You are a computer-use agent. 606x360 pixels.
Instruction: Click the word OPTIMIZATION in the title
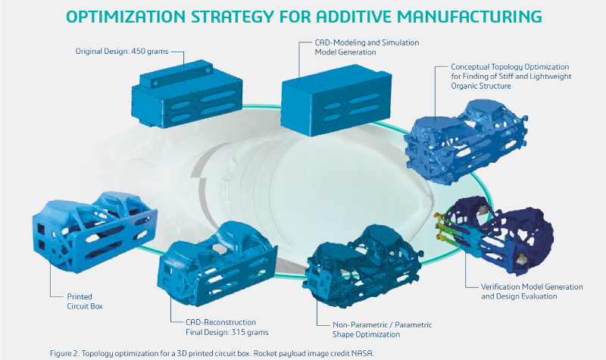coord(126,17)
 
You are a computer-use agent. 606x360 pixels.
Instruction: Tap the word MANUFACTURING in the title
coord(469,17)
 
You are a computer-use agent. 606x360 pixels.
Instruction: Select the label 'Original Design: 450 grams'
coord(122,51)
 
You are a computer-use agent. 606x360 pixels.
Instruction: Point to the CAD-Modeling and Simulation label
coord(367,47)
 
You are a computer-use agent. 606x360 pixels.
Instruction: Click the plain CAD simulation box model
coord(336,100)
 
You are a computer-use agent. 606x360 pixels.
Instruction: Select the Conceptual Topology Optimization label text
coord(511,77)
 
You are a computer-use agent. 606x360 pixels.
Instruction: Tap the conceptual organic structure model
coord(466,142)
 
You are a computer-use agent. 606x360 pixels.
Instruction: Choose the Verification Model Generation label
coord(532,292)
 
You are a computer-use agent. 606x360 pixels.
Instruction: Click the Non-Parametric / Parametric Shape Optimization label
coord(383,330)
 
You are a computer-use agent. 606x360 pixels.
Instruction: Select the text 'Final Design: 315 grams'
coord(226,332)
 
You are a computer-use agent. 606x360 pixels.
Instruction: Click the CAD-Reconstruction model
coord(217,263)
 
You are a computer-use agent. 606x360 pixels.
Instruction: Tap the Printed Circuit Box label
coord(85,301)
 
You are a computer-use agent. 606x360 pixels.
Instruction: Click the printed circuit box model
coord(95,232)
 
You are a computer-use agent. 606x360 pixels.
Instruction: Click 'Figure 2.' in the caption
coord(64,353)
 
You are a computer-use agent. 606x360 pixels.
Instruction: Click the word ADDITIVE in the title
coord(354,17)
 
